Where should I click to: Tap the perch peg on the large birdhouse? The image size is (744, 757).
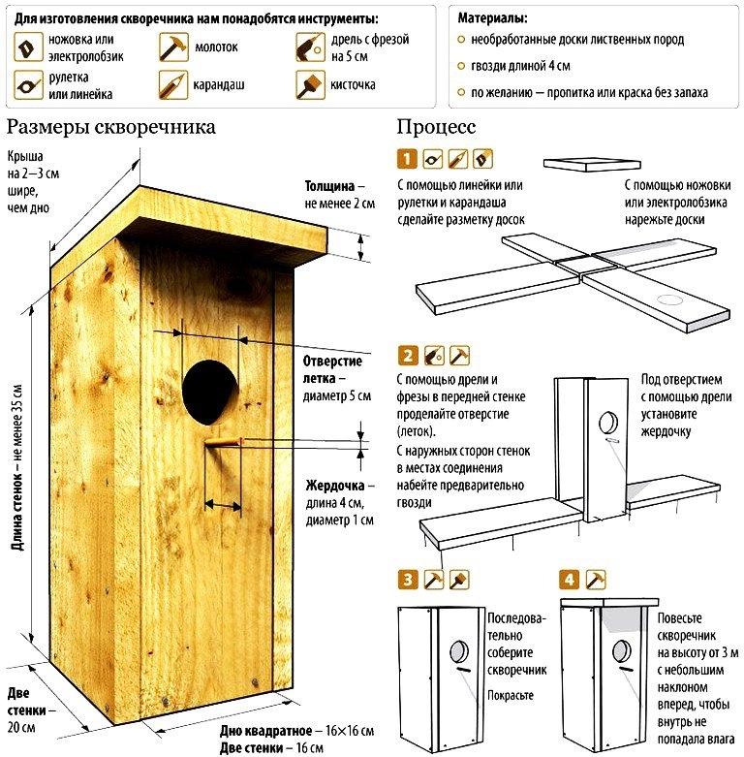click(222, 443)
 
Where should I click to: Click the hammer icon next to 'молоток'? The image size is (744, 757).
click(172, 46)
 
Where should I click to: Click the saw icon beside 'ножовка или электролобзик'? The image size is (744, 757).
click(28, 46)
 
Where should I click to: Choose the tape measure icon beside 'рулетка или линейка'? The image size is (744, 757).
click(28, 85)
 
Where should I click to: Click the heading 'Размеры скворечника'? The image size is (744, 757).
click(110, 127)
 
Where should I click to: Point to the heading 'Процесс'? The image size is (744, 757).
click(436, 127)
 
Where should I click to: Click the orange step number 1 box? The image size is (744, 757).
click(407, 157)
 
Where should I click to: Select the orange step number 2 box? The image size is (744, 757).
click(407, 355)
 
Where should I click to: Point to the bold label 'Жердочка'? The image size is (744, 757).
click(335, 484)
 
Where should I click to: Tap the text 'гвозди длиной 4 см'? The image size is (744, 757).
click(520, 67)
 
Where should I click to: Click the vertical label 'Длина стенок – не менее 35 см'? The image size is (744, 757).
click(17, 465)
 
